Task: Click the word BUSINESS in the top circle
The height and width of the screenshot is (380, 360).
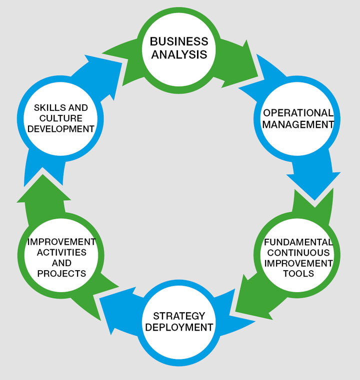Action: click(x=179, y=41)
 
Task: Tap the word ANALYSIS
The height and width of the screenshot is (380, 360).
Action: click(x=179, y=54)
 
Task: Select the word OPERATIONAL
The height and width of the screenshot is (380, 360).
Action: click(x=298, y=113)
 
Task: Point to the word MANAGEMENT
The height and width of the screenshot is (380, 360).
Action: click(x=298, y=125)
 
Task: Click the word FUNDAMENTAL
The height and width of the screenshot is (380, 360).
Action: click(x=298, y=242)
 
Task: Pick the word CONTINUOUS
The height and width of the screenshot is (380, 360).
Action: click(x=298, y=253)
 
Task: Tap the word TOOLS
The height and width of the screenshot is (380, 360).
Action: click(x=298, y=274)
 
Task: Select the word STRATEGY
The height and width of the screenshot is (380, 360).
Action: click(x=179, y=316)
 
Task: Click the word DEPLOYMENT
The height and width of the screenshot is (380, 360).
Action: click(x=179, y=328)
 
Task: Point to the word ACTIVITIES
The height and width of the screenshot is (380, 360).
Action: click(x=61, y=253)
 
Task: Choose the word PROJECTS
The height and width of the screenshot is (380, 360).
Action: click(x=61, y=274)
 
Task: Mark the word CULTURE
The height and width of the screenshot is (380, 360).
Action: click(x=61, y=118)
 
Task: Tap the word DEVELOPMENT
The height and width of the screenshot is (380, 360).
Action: click(x=61, y=129)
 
